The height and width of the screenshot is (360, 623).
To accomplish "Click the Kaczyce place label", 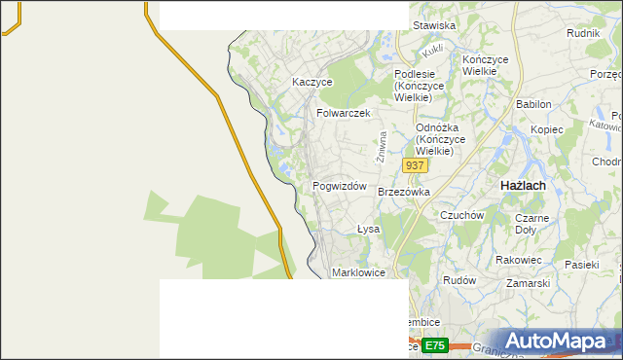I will click(x=312, y=83).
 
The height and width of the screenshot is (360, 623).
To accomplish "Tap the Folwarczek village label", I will click(x=344, y=113).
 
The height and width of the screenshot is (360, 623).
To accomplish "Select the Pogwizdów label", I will click(x=339, y=186).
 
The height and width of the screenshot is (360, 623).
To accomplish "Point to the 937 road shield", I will click(x=415, y=166).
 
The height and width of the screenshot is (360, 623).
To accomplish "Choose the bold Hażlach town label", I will click(x=522, y=185).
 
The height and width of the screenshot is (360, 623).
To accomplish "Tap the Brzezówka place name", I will click(x=403, y=192).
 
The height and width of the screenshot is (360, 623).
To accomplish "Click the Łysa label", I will click(x=367, y=230).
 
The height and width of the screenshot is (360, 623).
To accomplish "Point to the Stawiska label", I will click(x=434, y=25).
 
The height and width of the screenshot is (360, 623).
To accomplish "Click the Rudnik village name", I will click(x=582, y=32).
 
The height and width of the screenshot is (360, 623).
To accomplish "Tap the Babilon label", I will click(x=533, y=104).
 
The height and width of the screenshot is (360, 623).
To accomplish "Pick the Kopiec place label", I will click(x=547, y=129).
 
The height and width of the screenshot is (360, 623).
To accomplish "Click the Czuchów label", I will click(x=462, y=215).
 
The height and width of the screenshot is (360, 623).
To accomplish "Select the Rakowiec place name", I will click(x=518, y=260).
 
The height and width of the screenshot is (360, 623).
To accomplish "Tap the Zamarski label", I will click(x=529, y=283).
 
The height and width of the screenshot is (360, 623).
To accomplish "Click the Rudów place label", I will click(x=458, y=280).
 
